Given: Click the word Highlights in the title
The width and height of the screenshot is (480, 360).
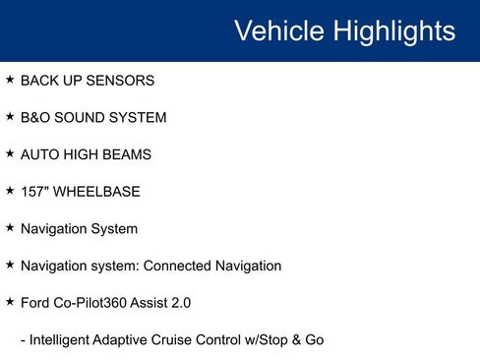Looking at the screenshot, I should (393, 31).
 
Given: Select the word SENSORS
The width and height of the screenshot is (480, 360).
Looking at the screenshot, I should (120, 81).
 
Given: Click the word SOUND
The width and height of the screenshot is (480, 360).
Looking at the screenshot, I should (87, 118).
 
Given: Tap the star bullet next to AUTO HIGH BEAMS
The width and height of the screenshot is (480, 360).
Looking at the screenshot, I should (10, 153).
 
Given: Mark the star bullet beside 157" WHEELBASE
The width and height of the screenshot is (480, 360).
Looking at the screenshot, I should (10, 191).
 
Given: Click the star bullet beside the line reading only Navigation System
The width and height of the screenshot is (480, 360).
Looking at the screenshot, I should (10, 227).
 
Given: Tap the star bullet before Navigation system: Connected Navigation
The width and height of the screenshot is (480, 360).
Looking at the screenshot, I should (10, 265).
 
